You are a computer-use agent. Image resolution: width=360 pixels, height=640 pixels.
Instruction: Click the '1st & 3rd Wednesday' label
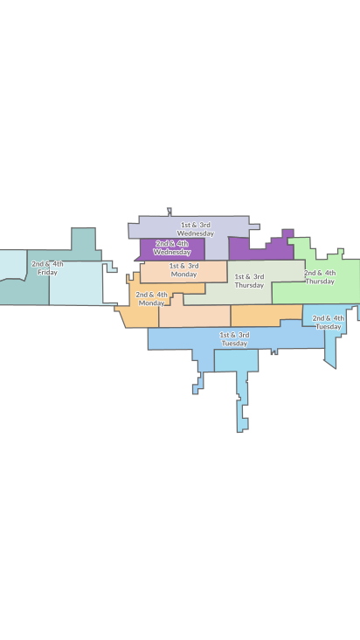195,229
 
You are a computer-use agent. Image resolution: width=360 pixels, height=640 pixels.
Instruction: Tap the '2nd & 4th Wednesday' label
172,247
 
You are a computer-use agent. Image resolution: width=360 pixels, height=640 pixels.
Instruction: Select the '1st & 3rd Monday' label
183,269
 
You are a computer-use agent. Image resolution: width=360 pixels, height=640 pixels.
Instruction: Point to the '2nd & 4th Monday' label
151,299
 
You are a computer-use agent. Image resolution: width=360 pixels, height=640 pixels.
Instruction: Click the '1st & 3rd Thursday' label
249,281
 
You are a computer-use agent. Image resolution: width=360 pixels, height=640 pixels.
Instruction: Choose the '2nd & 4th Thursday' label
320,277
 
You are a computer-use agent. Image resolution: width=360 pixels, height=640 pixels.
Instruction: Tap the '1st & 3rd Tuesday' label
234,339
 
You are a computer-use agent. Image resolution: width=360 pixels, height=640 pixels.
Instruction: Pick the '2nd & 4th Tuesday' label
328,322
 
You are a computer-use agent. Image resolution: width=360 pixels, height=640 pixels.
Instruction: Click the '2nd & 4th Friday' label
47,268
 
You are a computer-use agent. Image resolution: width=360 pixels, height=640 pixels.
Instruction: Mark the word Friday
47,273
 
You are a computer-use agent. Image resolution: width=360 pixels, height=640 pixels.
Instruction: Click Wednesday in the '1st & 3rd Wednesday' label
195,233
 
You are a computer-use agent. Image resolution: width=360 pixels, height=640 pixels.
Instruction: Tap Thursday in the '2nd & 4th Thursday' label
320,282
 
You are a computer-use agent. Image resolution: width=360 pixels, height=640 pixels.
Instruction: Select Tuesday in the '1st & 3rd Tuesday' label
234,344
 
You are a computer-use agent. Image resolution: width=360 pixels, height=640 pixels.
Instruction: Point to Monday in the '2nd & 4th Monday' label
151,303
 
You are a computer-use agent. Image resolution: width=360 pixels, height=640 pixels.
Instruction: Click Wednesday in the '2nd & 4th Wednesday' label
172,252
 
